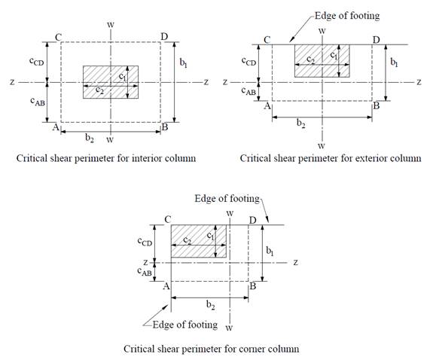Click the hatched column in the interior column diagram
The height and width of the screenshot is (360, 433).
(x=111, y=82)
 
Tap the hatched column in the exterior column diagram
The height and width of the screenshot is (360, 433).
(x=322, y=61)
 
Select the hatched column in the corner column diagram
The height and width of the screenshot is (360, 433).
(x=199, y=241)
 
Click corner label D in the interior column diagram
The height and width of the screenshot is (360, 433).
(x=164, y=36)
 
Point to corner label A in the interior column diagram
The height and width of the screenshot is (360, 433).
(x=56, y=127)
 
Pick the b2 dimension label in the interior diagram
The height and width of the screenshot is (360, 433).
(x=90, y=138)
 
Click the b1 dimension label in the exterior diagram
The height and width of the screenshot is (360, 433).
(x=394, y=63)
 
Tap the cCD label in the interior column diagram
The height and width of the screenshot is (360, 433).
(x=36, y=61)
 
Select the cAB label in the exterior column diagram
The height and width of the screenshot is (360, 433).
(x=249, y=91)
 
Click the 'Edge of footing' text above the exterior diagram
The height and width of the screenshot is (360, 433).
(x=347, y=16)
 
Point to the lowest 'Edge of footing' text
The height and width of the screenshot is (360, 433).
(x=185, y=325)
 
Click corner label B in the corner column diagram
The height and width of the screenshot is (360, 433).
(x=253, y=286)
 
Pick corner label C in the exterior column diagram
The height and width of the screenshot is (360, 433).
(x=267, y=40)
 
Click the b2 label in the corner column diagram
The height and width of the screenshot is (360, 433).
(x=211, y=305)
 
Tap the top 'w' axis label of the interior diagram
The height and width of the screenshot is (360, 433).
(x=111, y=25)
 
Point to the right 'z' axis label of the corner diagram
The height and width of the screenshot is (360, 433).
(x=296, y=262)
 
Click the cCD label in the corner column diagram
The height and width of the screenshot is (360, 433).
(x=145, y=242)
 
